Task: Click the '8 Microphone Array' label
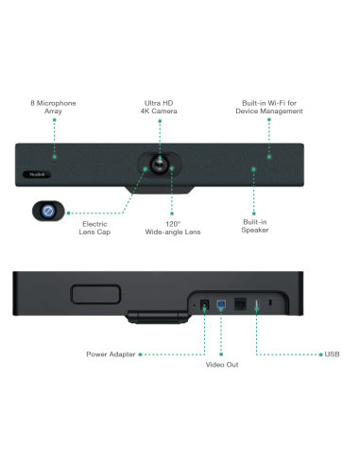click(55, 106)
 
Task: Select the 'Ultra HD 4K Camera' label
click(157, 106)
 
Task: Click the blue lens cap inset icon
click(45, 212)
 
